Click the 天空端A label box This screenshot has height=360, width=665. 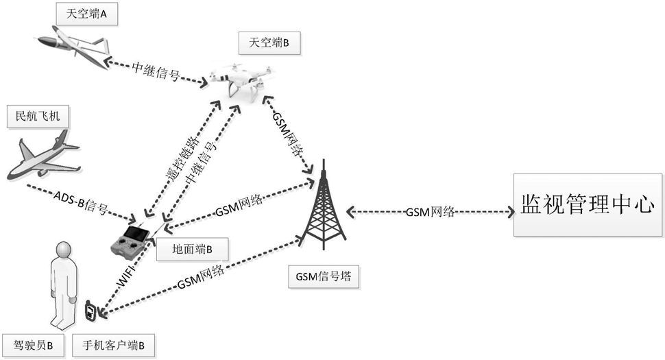pyautogui.click(x=86, y=14)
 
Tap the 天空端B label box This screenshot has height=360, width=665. pyautogui.click(x=269, y=43)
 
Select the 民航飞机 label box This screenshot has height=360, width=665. pyautogui.click(x=38, y=116)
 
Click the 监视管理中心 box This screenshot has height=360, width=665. pyautogui.click(x=588, y=204)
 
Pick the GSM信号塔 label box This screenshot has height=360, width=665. pyautogui.click(x=324, y=276)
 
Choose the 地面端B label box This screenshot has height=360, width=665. pyautogui.click(x=192, y=249)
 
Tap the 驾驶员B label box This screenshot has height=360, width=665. pyautogui.click(x=33, y=345)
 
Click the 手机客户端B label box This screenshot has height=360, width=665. pyautogui.click(x=113, y=345)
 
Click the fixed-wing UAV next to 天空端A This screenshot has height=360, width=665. pyautogui.click(x=72, y=47)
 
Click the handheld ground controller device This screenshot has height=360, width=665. pyautogui.click(x=132, y=241)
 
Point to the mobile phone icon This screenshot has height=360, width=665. pyautogui.click(x=90, y=312)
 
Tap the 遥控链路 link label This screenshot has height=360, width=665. pyautogui.click(x=182, y=157)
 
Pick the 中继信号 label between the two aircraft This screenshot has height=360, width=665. pyautogui.click(x=156, y=71)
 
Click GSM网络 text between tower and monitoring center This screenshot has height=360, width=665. pyautogui.click(x=431, y=212)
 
